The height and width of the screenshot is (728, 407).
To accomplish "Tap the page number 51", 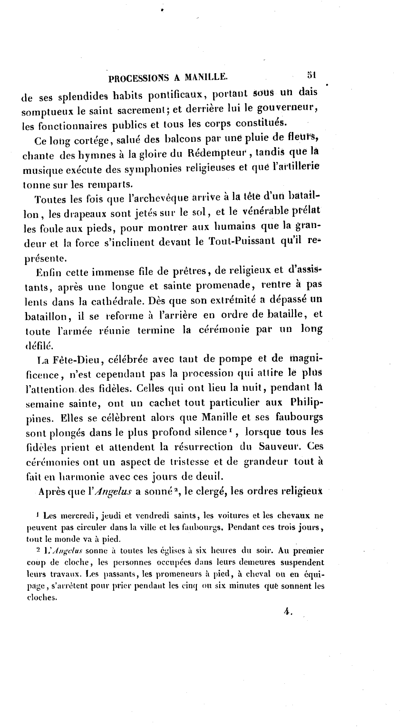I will tap(311, 74).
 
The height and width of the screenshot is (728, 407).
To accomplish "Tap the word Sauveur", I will tap(281, 447).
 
